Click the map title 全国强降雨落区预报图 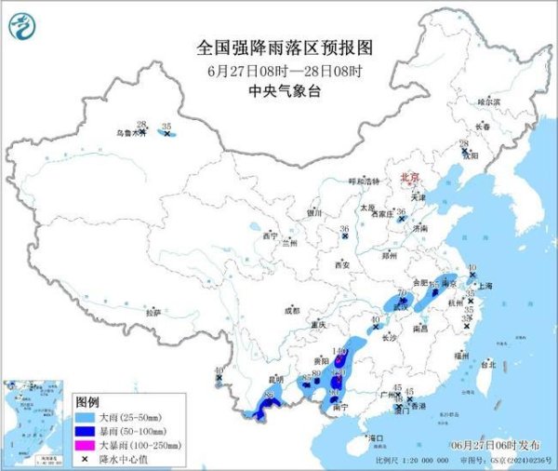pyautogui.click(x=278, y=45)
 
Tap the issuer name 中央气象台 pyautogui.click(x=278, y=90)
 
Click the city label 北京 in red pyautogui.click(x=406, y=175)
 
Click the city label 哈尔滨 pyautogui.click(x=488, y=101)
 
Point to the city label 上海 pyautogui.click(x=483, y=288)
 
